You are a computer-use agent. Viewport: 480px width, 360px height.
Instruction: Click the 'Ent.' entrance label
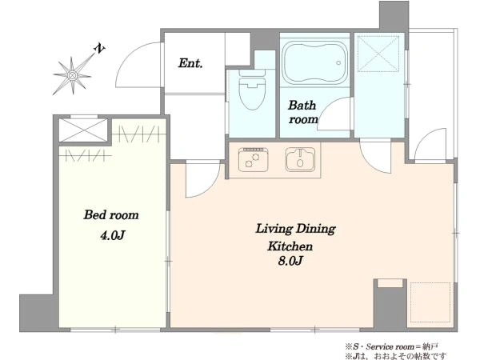(190, 63)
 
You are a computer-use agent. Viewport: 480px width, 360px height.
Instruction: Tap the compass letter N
(99, 48)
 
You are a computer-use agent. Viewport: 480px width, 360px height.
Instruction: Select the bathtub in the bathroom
(314, 62)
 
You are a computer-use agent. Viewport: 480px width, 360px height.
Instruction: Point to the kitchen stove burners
(254, 159)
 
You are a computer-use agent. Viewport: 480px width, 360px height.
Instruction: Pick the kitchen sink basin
(300, 159)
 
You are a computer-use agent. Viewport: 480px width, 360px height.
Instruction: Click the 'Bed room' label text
(111, 215)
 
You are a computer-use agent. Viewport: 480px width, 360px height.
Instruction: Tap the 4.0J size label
(112, 235)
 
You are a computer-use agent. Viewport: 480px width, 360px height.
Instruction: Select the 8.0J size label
(290, 261)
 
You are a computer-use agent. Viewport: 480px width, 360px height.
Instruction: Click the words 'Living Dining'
(295, 229)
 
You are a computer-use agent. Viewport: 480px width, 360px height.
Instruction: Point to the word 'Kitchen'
(290, 246)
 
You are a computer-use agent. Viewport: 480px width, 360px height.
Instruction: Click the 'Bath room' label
(302, 112)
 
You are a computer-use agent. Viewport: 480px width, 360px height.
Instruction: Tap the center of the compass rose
(72, 75)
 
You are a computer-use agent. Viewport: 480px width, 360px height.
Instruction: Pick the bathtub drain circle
(338, 62)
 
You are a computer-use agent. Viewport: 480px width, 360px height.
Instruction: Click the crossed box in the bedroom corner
(83, 130)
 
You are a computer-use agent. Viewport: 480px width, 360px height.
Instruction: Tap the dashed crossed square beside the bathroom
(378, 54)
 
